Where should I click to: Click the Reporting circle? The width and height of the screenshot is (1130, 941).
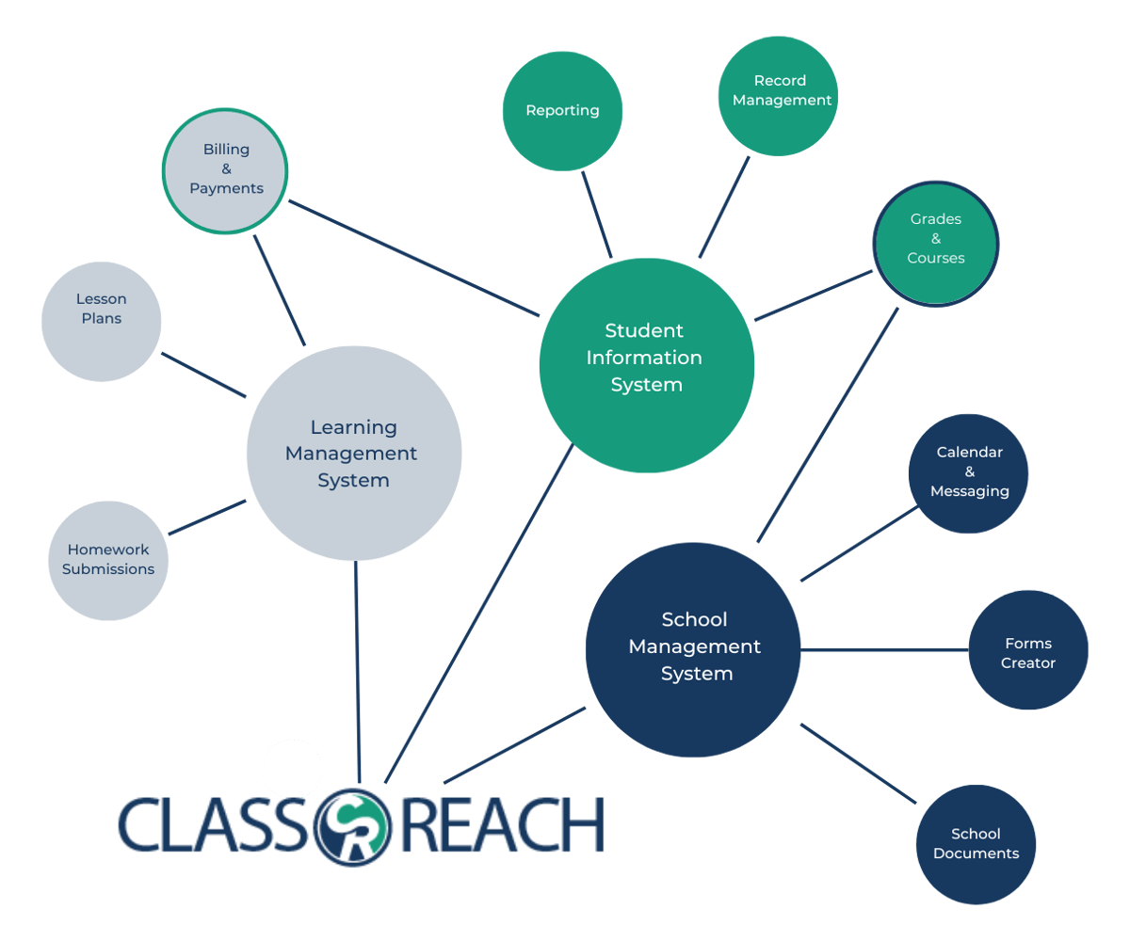pos(562,111)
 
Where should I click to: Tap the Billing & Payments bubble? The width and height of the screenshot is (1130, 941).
pos(225,170)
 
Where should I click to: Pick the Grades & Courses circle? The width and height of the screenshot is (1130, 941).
pos(935,243)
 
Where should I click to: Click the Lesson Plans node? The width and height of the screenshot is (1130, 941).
pos(102,321)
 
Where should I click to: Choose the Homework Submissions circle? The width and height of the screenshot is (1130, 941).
pos(108,561)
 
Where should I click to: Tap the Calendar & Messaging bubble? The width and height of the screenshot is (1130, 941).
pos(968,473)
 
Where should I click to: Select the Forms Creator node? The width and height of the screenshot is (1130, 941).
pos(1028,650)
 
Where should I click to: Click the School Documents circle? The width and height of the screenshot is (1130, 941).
pos(977,844)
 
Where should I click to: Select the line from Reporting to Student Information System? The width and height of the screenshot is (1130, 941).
pos(597,215)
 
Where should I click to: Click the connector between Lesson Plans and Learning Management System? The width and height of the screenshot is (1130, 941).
pos(203,375)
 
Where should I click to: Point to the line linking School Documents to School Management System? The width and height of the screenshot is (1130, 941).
pos(858,763)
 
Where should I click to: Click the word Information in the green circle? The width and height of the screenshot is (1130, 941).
pos(644,359)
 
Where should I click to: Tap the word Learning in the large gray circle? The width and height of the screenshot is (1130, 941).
pos(353,428)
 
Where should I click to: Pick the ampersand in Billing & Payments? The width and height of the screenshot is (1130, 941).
pos(226,169)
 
